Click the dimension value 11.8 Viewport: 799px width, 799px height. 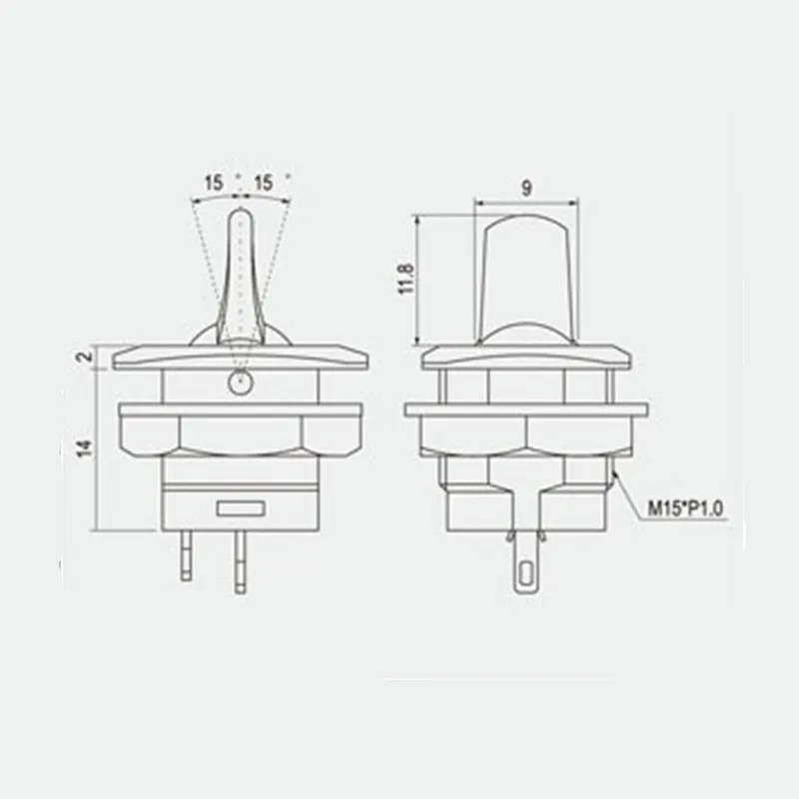(404, 279)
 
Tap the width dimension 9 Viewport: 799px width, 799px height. (526, 186)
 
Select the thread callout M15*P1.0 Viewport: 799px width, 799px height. (685, 509)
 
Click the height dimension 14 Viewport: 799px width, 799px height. (85, 448)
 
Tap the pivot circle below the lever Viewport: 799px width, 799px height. (240, 382)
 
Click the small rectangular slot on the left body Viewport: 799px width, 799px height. (240, 509)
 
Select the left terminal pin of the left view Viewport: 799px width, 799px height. (187, 555)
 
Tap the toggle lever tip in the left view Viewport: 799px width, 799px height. (241, 222)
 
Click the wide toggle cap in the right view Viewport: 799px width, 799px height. (526, 270)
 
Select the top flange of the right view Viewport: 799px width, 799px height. (526, 357)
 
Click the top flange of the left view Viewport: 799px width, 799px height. (240, 357)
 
